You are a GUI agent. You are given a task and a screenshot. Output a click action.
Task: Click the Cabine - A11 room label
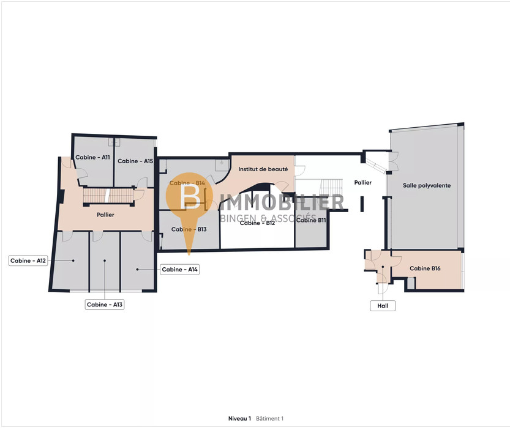coord(92,158)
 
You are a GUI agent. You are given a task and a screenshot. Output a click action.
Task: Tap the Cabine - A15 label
coord(135,161)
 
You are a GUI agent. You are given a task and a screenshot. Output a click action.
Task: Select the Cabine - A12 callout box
coord(28,260)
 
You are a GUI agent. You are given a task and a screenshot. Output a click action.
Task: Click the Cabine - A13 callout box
coord(105,304)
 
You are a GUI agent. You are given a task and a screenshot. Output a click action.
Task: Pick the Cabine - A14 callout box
coord(179,270)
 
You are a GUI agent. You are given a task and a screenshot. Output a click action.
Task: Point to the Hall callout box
coord(383,306)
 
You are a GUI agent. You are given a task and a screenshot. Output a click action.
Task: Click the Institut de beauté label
coord(263,169)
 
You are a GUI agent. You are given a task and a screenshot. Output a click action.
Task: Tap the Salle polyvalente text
coord(427,186)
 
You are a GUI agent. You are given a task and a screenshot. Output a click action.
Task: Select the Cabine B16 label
coord(425,268)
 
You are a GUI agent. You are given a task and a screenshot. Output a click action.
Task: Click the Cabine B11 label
coord(311,220)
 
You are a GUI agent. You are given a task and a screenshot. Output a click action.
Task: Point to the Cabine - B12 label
coord(257,223)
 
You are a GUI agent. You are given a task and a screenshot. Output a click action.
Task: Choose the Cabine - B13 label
coord(189,229)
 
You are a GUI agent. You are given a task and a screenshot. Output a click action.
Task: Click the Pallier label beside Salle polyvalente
coord(363,182)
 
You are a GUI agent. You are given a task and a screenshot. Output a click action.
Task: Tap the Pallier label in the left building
coord(105,215)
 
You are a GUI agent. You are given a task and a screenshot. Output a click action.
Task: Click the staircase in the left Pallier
coord(108,196)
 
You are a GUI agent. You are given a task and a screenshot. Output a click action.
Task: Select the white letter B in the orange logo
coord(190,197)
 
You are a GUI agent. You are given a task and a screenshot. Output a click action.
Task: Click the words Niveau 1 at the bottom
coord(240,419)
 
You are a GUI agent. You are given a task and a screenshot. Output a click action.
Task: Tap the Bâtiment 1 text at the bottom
coord(269,419)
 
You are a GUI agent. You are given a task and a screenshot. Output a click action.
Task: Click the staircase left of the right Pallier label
coord(331,187)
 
